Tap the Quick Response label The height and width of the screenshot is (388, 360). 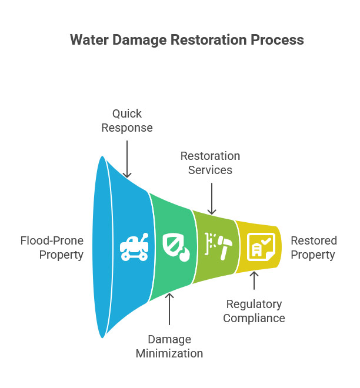(x=127, y=120)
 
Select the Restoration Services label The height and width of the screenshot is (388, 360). (x=210, y=163)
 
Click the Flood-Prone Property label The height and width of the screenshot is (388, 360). (x=52, y=247)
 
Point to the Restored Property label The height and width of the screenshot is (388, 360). (x=314, y=247)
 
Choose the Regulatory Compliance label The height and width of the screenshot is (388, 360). (x=254, y=311)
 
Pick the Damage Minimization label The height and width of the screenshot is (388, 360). (x=169, y=346)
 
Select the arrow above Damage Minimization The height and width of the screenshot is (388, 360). (x=169, y=309)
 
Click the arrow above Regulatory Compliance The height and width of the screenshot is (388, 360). (x=254, y=281)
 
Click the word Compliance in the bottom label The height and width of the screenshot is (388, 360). (x=254, y=318)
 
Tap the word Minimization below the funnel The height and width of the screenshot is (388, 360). (x=169, y=353)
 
